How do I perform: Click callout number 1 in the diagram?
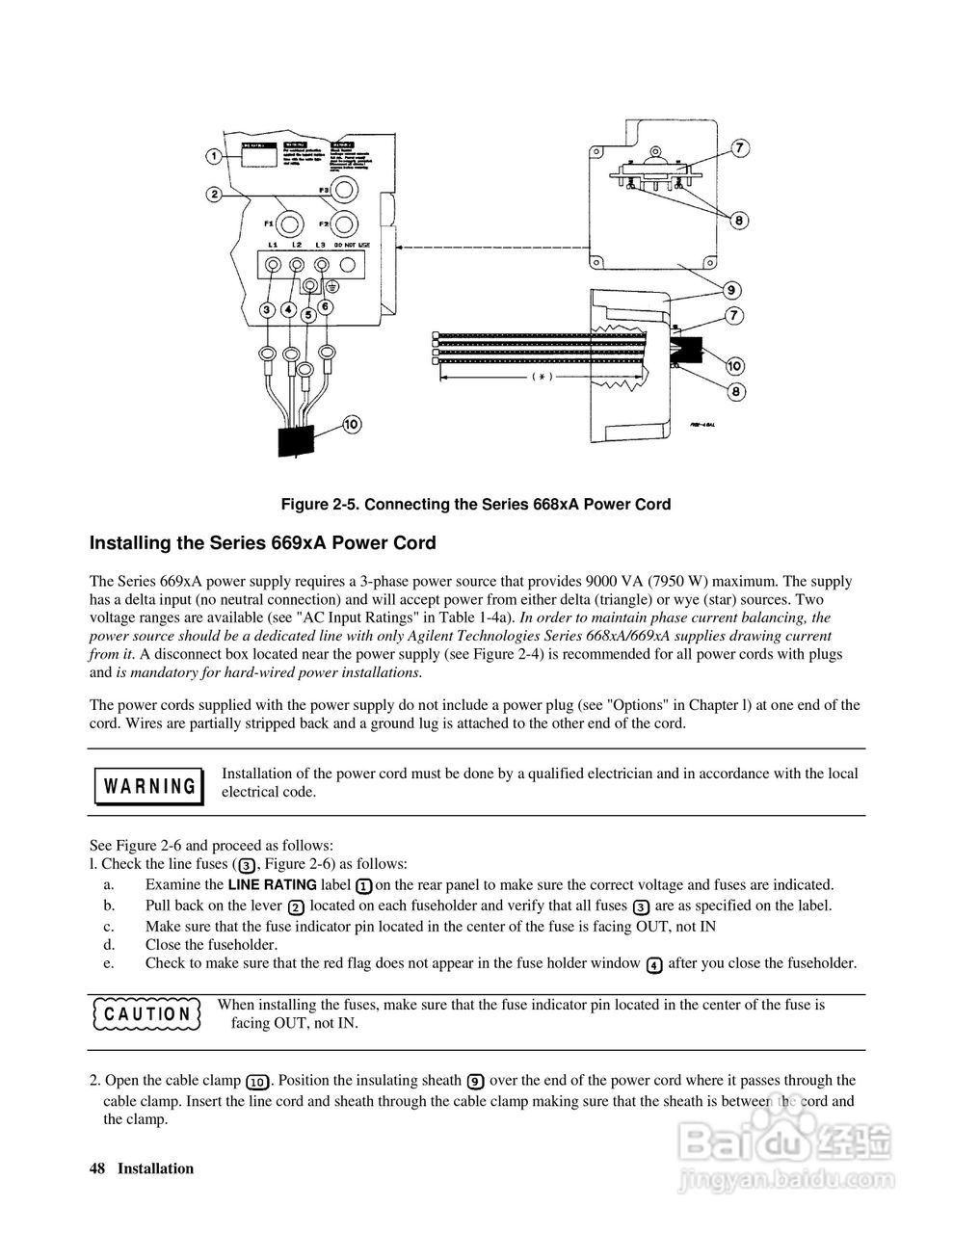pos(214,155)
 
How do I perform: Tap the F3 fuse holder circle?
pos(343,190)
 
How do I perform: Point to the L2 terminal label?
pos(297,248)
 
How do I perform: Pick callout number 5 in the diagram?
pos(307,314)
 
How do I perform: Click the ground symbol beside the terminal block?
pos(331,286)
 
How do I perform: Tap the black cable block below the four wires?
pos(296,440)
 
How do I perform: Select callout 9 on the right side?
pos(730,290)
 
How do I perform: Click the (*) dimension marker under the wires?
pos(543,378)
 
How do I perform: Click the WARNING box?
pos(148,785)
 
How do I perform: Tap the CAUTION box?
pos(146,1014)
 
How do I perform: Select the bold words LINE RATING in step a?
pos(273,884)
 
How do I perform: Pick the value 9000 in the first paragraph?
pos(602,582)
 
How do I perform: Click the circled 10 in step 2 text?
pos(258,1081)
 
